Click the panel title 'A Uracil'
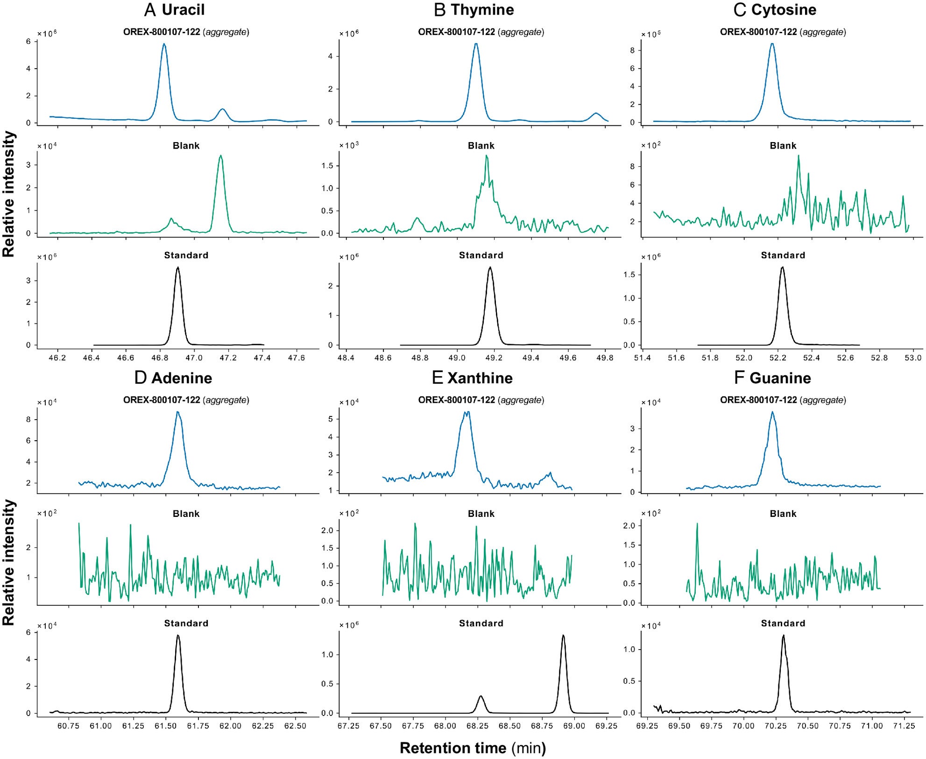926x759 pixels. click(174, 10)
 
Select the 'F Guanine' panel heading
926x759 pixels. click(772, 378)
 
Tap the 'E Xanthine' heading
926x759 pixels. click(472, 378)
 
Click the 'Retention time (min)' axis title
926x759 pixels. click(473, 748)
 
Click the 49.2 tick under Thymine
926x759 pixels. click(494, 358)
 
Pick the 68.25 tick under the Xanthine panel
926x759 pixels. click(477, 726)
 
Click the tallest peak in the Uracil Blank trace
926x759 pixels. click(220, 156)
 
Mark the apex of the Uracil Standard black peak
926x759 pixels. click(177, 268)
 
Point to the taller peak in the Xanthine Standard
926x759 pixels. click(563, 636)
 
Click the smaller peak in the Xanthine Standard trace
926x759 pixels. click(481, 696)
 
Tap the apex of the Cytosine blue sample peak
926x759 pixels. click(772, 44)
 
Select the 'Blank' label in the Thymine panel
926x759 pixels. click(481, 146)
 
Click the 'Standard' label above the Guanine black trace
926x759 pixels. click(783, 623)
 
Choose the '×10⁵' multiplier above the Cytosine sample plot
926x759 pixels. click(650, 35)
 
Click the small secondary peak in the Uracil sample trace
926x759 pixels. click(222, 109)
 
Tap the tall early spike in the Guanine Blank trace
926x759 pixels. click(697, 524)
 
